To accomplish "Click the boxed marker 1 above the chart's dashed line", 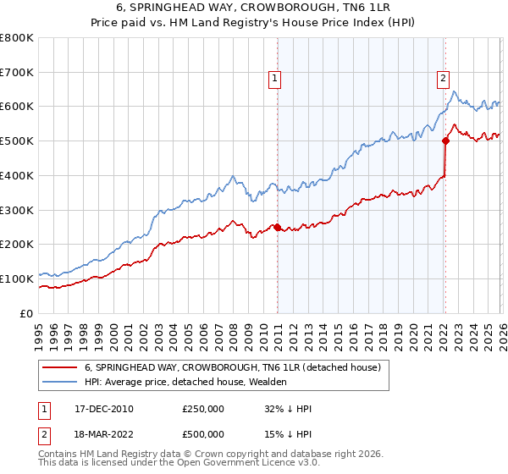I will pyautogui.click(x=275, y=79).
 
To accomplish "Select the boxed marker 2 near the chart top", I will pyautogui.click(x=443, y=79).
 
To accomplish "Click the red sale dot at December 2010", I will pyautogui.click(x=277, y=227).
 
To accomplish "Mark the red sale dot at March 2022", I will pyautogui.click(x=444, y=141).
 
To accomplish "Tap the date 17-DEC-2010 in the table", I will pyautogui.click(x=104, y=409).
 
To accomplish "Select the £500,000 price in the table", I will pyautogui.click(x=203, y=434).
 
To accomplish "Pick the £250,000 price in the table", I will pyautogui.click(x=203, y=409).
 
